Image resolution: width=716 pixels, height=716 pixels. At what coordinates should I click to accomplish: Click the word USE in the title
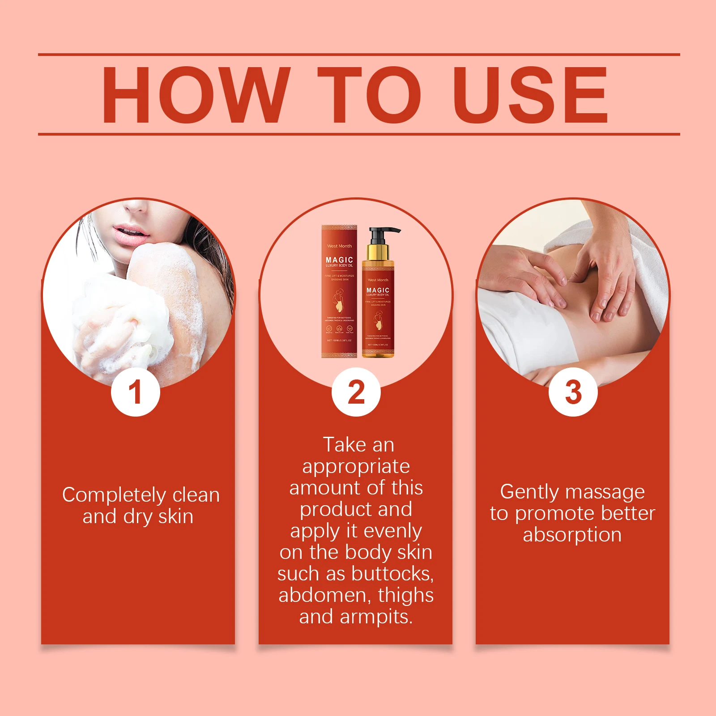click(530, 95)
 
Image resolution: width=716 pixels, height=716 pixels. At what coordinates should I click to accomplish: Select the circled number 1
click(136, 392)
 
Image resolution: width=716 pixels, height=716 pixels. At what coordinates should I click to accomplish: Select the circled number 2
click(356, 392)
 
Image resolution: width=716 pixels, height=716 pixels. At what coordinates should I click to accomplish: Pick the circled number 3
click(573, 392)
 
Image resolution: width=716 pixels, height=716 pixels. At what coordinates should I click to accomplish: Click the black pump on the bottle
click(380, 233)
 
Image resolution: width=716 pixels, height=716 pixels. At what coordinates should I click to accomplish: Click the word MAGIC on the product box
click(339, 260)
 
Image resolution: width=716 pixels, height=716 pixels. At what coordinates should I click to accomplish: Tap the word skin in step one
click(175, 516)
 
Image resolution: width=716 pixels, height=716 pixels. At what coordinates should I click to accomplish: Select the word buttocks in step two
click(392, 574)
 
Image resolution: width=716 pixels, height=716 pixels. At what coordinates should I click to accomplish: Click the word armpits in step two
click(376, 617)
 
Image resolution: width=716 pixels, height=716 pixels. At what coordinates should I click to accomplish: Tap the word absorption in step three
click(572, 535)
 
